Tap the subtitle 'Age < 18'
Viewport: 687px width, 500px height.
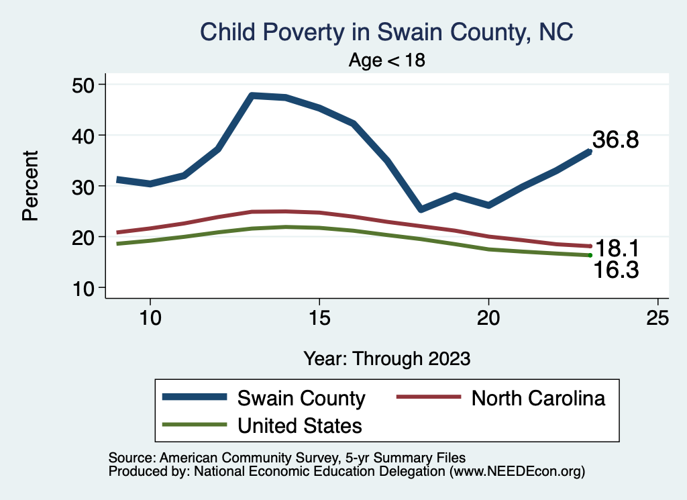tap(387, 60)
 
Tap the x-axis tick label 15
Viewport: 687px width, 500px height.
tap(319, 317)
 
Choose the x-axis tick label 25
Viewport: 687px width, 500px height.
tap(657, 317)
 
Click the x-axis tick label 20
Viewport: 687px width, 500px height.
tap(488, 317)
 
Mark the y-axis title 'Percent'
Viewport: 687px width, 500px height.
tap(30, 186)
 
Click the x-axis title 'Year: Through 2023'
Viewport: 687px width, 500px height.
tap(387, 358)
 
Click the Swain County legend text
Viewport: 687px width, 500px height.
tap(301, 398)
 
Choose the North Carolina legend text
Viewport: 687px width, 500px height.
tap(538, 398)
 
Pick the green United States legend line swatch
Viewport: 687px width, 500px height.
tap(194, 425)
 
